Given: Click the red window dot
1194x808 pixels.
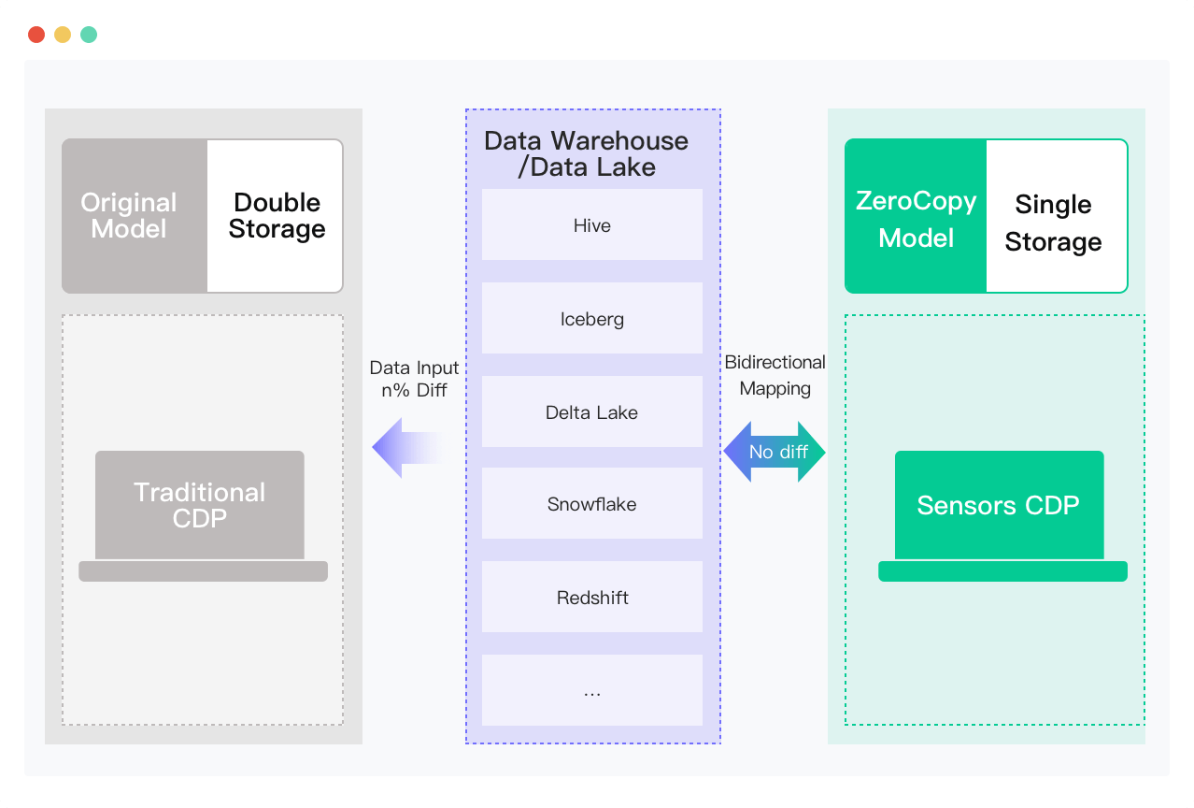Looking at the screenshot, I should coord(36,35).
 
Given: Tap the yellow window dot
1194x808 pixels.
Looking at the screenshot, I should coord(63,35).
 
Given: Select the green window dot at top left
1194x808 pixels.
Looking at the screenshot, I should coord(89,35).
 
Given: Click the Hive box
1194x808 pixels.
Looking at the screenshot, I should coord(591,224).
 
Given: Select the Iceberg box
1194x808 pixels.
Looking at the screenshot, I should coord(591,318).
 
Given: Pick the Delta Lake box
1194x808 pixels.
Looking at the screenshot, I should coord(591,411).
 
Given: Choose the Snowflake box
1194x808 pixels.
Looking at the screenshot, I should coord(591,503).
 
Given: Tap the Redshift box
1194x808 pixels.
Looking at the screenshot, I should coord(591,597).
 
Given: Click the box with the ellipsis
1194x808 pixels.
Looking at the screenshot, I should coord(591,690).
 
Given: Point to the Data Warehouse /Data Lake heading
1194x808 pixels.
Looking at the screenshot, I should coord(586,154).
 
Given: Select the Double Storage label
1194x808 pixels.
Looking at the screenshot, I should coord(277,216).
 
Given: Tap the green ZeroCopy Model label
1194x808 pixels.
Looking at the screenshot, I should coord(916,219).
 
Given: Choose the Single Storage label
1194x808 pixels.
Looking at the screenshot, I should coord(1053,223).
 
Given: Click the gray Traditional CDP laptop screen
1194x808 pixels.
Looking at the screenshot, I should coord(200,505).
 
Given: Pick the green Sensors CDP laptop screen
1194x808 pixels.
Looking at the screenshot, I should coord(999,505).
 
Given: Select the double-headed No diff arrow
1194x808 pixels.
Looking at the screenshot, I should coord(775,452).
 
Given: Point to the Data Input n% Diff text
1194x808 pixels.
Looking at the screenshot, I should coord(414,379).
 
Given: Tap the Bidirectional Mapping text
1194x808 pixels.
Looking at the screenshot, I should coord(775,375).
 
